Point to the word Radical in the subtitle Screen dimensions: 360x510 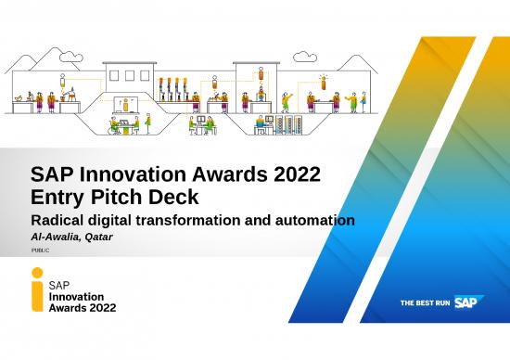(x=58, y=221)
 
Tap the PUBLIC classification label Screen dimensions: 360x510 (x=42, y=251)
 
